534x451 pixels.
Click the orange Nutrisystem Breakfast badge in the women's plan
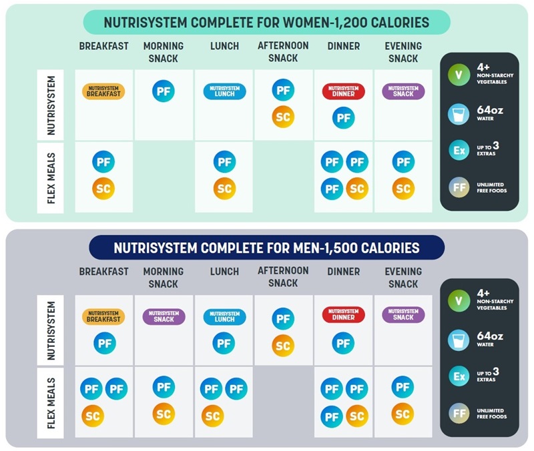pos(103,91)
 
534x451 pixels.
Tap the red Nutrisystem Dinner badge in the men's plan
pos(343,314)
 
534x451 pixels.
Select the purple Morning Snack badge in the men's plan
pos(164,316)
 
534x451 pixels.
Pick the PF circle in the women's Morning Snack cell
pos(164,91)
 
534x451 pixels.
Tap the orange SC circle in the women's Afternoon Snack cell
pos(283,117)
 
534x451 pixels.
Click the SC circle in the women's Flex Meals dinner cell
pos(356,189)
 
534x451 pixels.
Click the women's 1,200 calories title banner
pos(266,23)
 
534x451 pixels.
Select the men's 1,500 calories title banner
pos(266,248)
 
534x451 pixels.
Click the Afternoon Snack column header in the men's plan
pos(283,277)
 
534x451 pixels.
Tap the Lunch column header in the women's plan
pos(224,47)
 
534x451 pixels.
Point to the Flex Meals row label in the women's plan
pos(51,177)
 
